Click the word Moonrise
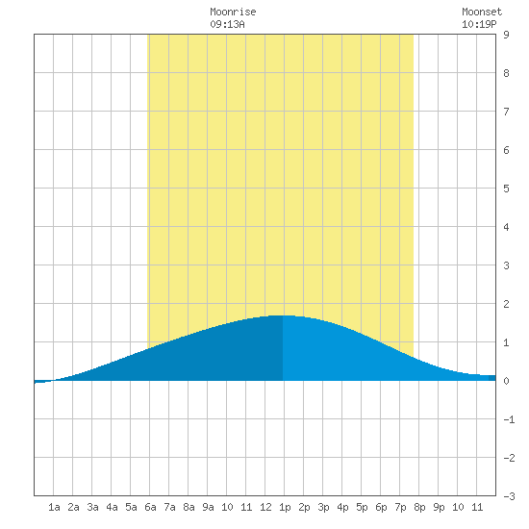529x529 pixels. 233,12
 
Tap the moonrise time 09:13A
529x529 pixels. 227,24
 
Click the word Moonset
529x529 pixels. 482,12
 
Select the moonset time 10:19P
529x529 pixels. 479,24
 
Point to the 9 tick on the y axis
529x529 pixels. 506,35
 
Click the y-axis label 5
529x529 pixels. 506,189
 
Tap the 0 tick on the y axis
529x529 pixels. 506,381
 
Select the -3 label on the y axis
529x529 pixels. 509,496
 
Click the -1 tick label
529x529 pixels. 509,419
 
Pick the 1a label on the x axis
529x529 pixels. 54,507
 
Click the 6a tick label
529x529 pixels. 150,507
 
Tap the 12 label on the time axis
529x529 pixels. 265,507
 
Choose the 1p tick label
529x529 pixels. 285,507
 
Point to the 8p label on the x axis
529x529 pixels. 419,507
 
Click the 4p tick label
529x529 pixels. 342,507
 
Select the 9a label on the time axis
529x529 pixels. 208,507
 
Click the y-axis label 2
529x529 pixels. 506,304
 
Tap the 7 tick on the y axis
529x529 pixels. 506,112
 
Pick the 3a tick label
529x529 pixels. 92,507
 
